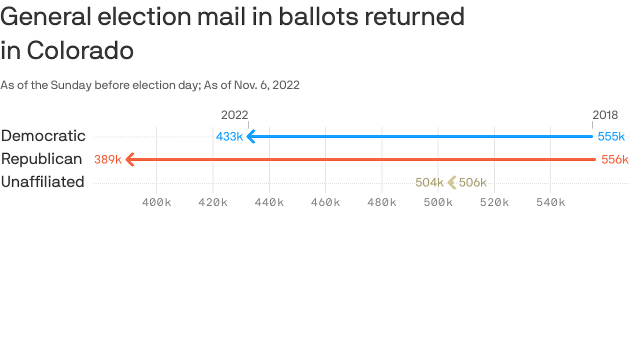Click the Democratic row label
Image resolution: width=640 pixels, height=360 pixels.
[43, 136]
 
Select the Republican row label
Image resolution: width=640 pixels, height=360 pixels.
[41, 159]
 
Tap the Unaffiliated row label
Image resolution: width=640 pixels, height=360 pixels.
[43, 182]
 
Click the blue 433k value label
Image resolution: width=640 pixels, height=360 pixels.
[229, 137]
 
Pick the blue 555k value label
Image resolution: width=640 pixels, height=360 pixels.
[611, 137]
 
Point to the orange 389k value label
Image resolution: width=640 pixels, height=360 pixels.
[108, 160]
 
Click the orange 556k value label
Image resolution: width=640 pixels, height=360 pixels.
[615, 160]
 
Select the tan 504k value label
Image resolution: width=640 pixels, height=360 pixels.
[429, 183]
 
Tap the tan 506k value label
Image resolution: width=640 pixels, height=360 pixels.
[473, 183]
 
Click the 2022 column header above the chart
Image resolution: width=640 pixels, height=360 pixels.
[234, 115]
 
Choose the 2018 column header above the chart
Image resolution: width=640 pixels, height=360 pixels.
[605, 115]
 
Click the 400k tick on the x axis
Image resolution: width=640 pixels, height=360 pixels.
[156, 202]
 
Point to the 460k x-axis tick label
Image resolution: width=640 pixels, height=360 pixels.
[326, 202]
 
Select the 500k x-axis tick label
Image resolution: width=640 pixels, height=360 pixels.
[438, 202]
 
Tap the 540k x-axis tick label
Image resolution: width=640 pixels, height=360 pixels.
[551, 202]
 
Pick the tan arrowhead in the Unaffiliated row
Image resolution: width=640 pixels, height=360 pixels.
[452, 182]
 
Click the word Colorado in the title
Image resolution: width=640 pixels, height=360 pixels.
[80, 50]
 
